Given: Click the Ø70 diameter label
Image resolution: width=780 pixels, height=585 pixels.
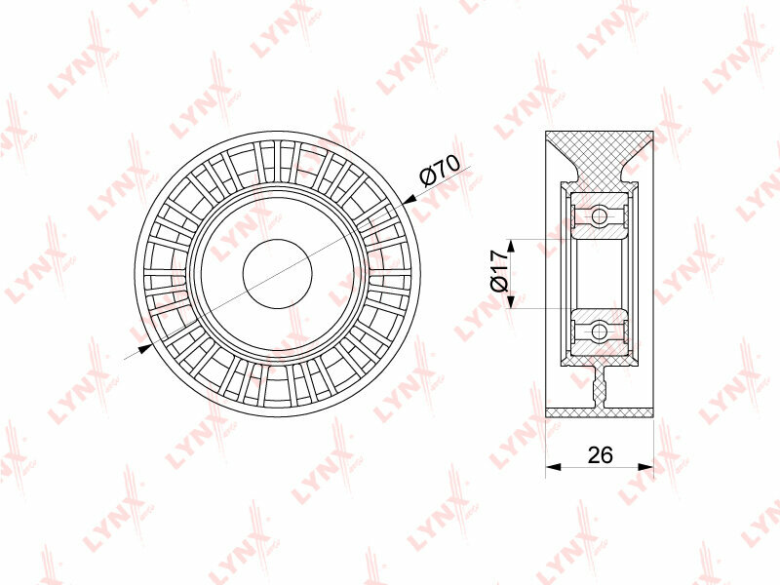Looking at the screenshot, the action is [x=440, y=170].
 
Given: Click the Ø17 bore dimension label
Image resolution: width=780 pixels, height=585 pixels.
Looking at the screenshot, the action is [x=498, y=270].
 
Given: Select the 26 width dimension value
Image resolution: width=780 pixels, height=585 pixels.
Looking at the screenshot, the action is [x=601, y=454].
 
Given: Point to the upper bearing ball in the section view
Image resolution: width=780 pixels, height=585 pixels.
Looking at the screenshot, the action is [x=600, y=215].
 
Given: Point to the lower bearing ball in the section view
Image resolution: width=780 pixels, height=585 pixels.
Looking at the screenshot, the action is [x=600, y=331].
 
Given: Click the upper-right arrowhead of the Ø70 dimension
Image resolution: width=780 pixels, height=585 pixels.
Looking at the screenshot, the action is [x=409, y=200].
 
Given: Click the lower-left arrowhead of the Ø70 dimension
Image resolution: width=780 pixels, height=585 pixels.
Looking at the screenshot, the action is [x=144, y=349].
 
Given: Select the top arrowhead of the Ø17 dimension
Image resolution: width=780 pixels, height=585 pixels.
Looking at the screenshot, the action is [x=511, y=247].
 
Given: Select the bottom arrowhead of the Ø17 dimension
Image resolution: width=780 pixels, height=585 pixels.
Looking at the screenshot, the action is [x=511, y=300].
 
